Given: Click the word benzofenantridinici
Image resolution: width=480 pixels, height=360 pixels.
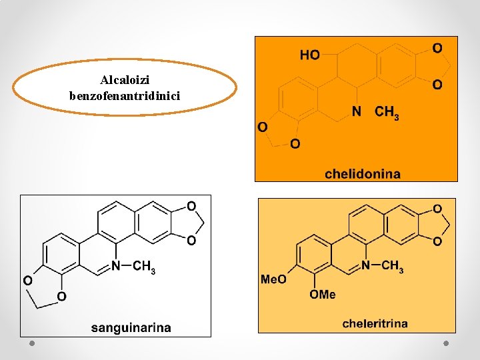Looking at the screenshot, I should [x=125, y=95].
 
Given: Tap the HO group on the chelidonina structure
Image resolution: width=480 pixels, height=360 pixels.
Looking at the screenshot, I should [x=309, y=55].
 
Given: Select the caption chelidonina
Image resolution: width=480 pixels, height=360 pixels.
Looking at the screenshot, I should [x=363, y=174].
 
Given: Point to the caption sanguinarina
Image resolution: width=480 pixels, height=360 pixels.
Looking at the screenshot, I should [x=131, y=327].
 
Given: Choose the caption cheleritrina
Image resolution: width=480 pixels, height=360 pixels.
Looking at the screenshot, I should [x=375, y=324].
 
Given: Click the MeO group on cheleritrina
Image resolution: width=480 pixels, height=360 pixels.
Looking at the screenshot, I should [x=273, y=279].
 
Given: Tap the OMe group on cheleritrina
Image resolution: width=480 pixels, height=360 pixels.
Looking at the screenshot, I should [x=323, y=294].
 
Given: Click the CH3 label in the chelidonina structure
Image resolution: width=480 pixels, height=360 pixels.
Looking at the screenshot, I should [x=387, y=113].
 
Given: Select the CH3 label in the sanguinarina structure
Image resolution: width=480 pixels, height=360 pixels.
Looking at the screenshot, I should [x=144, y=267].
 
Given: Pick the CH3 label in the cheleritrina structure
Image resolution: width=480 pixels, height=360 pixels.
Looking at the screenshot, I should [x=392, y=267].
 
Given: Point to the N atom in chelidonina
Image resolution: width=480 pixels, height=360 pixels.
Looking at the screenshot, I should [x=357, y=112].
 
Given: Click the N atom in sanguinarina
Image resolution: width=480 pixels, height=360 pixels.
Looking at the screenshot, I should [x=116, y=266].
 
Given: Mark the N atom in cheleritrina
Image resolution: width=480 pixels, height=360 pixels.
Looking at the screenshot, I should [x=365, y=265].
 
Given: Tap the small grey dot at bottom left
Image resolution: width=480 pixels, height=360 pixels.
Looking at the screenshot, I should [x=31, y=343].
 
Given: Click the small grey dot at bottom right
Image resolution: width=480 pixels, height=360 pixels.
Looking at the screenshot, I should [x=446, y=343].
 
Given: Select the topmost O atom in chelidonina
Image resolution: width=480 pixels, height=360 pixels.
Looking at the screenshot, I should [x=437, y=48].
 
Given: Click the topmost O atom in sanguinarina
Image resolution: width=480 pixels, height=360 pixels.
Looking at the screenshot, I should [x=191, y=206].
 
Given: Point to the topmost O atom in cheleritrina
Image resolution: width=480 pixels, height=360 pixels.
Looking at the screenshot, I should [x=437, y=209].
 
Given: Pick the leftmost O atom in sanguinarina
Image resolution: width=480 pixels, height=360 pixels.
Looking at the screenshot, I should [x=28, y=281].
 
